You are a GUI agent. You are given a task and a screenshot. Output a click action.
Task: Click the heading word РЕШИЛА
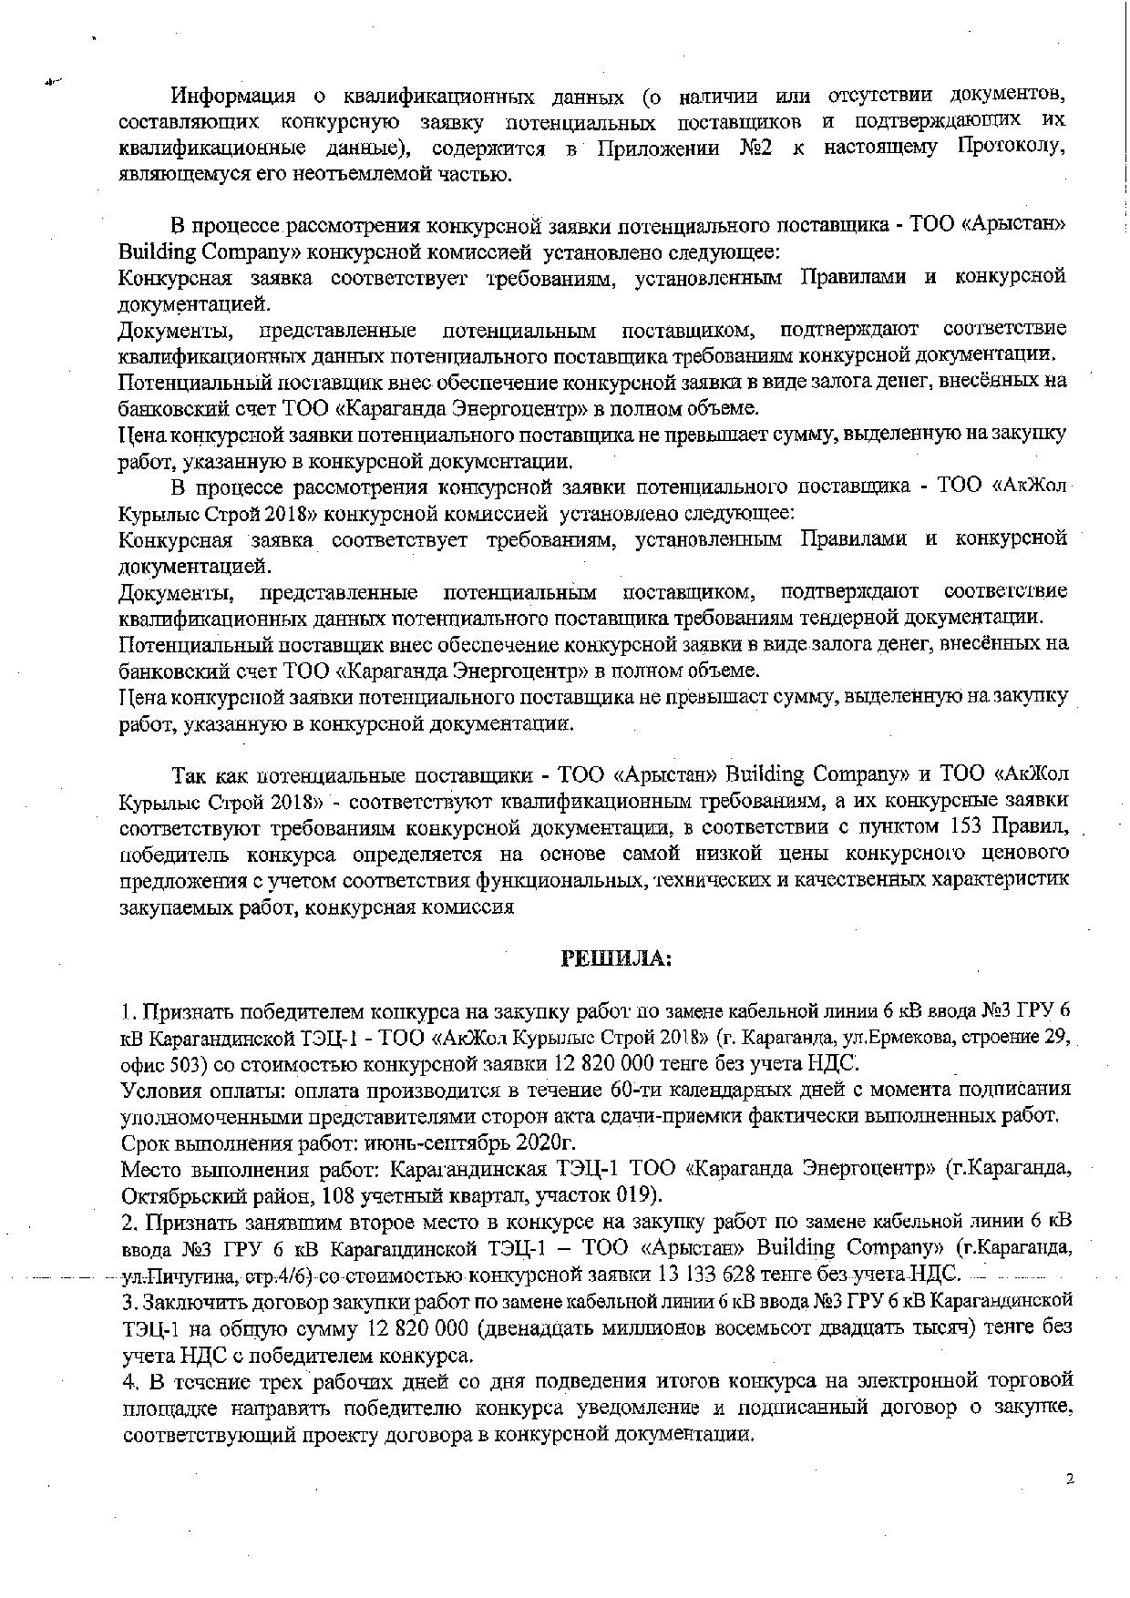click(615, 958)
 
